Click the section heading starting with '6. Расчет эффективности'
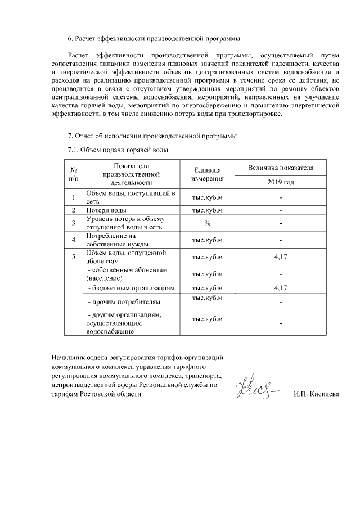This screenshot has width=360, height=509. pos(154,39)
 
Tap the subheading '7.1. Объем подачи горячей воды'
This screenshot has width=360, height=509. pos(118,150)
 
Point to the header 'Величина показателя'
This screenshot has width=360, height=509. pos(281,168)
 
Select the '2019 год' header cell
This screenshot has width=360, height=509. pos(281,183)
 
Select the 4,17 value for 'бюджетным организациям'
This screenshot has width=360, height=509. pos(281,288)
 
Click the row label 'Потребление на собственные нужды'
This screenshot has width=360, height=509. pos(111,240)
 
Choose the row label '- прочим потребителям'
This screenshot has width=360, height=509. pos(120,303)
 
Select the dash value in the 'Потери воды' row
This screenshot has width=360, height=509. pos(281,210)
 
